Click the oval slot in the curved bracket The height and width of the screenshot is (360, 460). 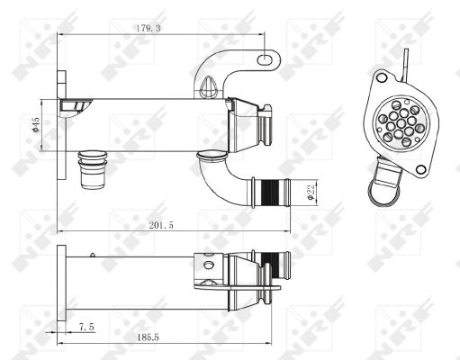265,59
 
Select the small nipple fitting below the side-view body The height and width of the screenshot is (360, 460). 92,168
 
